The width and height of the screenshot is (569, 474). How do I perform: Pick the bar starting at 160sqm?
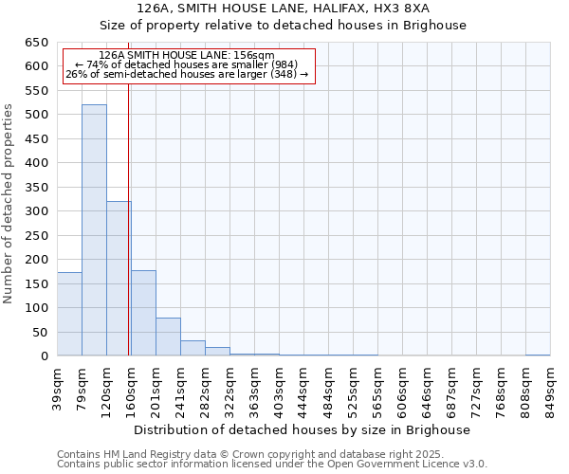point(143,313)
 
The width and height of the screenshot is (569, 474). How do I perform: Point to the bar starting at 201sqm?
point(168,337)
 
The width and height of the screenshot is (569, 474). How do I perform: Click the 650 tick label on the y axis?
point(36,43)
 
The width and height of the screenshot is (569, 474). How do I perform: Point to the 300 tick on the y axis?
point(36,211)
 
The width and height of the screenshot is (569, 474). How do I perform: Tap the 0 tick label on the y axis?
point(44,356)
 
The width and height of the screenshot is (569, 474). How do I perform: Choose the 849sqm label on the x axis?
point(551,387)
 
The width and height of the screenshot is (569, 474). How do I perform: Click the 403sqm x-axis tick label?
point(280,387)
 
